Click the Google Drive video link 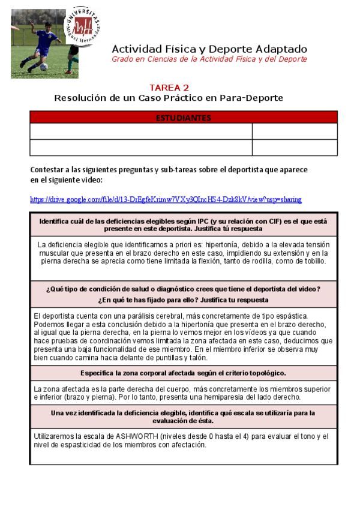[x=166, y=199]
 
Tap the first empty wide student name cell [x=141, y=131]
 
